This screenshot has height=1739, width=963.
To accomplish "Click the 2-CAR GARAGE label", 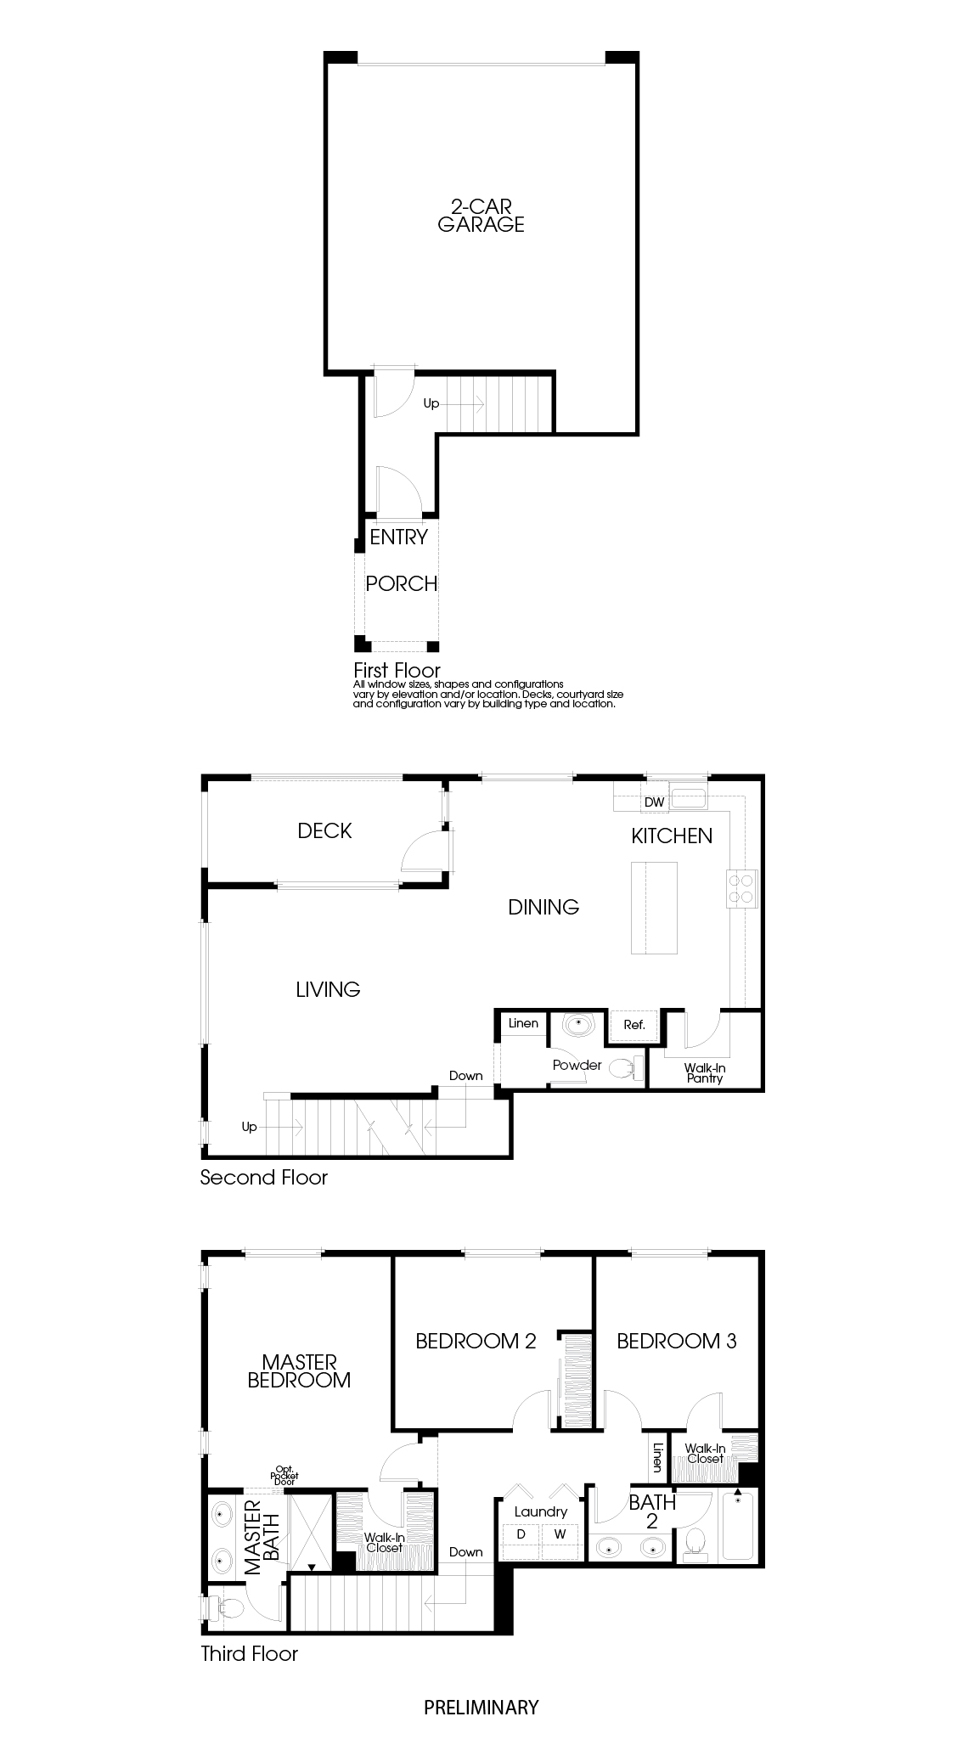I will click(481, 215).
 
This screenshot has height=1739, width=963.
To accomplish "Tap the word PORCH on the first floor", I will click(401, 584).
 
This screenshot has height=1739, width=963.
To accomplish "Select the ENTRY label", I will click(398, 537).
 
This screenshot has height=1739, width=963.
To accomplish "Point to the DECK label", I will click(324, 831).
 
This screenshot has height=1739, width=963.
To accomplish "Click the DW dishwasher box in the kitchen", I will click(653, 802).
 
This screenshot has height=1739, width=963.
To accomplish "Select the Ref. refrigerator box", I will click(634, 1025).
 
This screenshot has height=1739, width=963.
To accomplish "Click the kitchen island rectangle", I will click(654, 908).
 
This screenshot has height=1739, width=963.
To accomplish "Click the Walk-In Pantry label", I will click(705, 1073).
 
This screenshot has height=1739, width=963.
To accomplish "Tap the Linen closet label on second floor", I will click(523, 1023).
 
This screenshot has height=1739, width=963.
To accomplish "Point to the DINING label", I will click(543, 908).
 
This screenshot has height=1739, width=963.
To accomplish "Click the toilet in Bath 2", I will click(695, 1543).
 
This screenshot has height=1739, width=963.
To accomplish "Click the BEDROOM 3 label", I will click(676, 1342).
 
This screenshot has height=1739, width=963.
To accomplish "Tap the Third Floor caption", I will click(249, 1654).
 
